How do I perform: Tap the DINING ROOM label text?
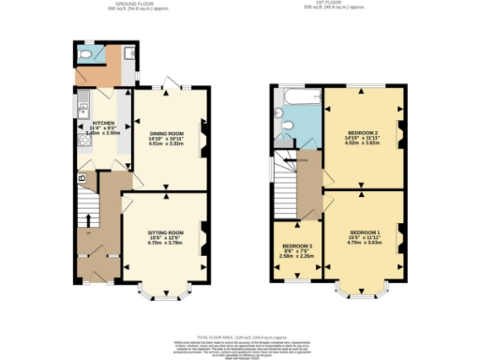tap(168, 134)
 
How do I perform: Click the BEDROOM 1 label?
tap(365, 232)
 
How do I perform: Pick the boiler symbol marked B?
tap(82, 175)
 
